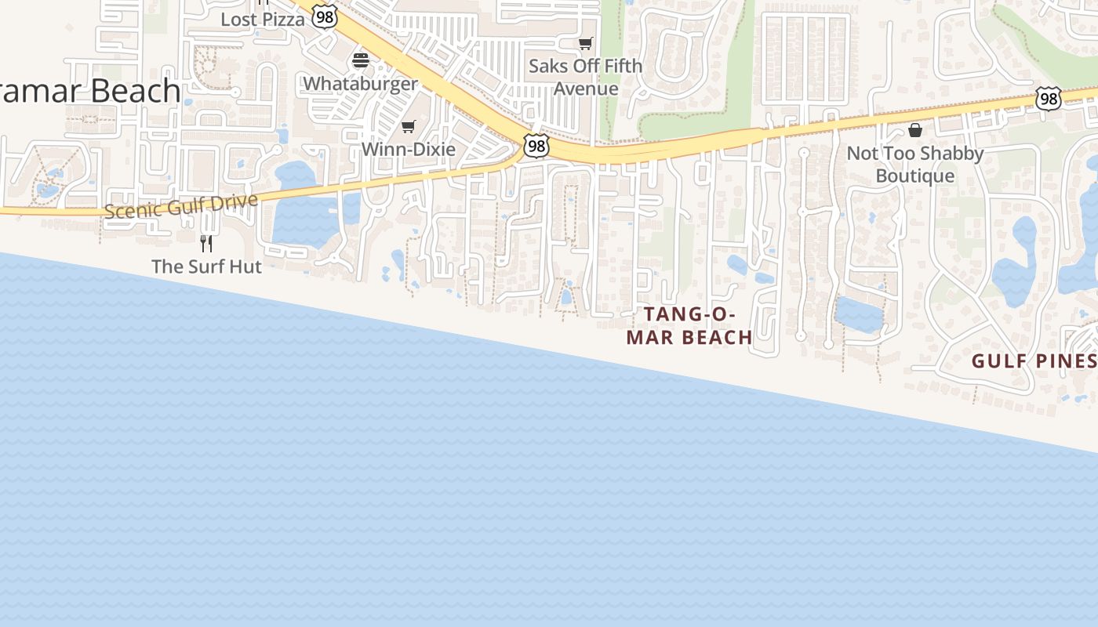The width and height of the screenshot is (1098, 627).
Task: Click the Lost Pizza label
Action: tap(262, 19)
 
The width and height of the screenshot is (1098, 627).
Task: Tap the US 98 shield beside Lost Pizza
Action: tap(324, 16)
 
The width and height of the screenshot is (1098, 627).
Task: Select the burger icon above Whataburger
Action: tap(361, 60)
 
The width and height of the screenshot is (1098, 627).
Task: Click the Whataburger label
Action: tap(360, 83)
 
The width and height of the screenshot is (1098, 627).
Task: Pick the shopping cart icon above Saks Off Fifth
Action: tap(585, 43)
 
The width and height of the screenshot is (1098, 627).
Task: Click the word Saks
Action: tap(547, 66)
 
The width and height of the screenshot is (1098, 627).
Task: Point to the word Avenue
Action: tap(586, 89)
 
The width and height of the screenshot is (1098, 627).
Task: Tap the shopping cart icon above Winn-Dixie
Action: tap(408, 126)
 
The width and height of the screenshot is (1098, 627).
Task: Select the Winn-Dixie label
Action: tap(408, 148)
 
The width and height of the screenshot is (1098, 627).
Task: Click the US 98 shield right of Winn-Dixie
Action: tap(536, 146)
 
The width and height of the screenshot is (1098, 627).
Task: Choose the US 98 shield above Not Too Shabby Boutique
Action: tap(1048, 99)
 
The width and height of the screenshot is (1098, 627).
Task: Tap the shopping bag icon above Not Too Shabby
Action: tap(915, 130)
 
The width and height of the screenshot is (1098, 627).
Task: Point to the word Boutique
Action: tap(915, 176)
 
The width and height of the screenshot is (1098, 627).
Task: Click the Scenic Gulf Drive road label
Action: tap(180, 206)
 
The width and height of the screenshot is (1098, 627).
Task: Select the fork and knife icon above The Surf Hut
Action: tap(206, 244)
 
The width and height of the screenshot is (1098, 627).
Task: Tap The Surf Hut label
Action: tap(206, 266)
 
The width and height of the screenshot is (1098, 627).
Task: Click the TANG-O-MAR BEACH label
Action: tap(689, 326)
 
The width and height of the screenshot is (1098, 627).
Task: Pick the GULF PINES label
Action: tap(1034, 361)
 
